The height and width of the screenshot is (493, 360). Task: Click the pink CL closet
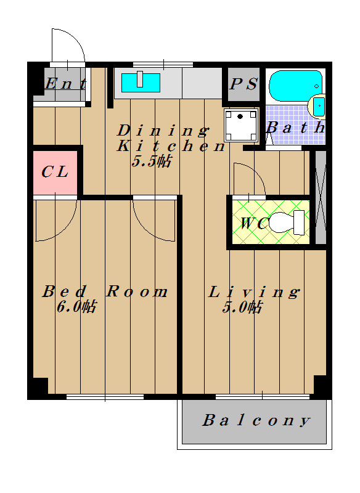tap(55, 173)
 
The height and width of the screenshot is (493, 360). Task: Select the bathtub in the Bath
tap(295, 86)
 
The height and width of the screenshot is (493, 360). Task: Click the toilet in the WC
tap(287, 222)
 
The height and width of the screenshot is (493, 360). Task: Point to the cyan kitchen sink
tap(141, 83)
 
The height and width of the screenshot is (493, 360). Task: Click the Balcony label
tap(256, 420)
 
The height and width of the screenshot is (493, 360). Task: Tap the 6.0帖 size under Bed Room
tap(76, 306)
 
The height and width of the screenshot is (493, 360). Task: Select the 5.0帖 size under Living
tap(242, 307)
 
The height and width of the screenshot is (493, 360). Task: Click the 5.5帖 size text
tap(151, 161)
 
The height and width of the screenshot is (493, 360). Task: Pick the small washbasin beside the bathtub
tap(318, 105)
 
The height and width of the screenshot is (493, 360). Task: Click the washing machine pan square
tap(241, 125)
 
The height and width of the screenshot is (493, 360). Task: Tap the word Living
tap(254, 292)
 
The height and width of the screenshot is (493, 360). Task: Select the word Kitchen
tap(171, 146)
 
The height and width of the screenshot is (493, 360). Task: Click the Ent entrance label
tap(65, 84)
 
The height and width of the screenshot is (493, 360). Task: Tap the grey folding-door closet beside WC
tap(321, 197)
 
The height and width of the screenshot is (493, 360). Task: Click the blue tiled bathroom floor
tap(291, 125)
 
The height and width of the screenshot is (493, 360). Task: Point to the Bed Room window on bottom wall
tap(105, 397)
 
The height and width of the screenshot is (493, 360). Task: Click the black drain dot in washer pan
tap(240, 116)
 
